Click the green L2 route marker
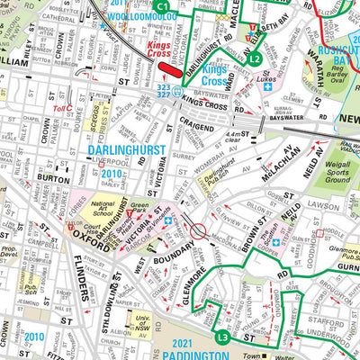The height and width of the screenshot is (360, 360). pyautogui.click(x=255, y=59)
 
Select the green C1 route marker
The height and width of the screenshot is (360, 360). pyautogui.click(x=161, y=7)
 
